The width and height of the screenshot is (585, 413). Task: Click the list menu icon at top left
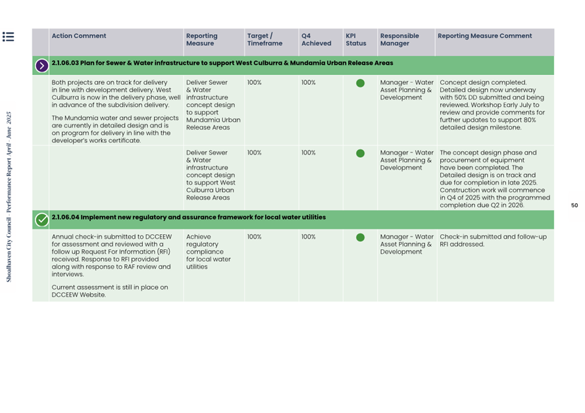coord(8,37)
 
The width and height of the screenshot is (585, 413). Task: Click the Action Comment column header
coord(79,36)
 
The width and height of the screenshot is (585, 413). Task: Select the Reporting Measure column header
coord(201,39)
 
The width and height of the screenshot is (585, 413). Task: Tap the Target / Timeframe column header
coord(265,39)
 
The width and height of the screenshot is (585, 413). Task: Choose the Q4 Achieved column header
coord(316,39)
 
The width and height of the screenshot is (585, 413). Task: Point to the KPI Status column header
coord(355,39)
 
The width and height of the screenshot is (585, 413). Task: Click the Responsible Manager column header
coord(399,39)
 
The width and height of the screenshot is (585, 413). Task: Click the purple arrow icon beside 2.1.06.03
coord(41,65)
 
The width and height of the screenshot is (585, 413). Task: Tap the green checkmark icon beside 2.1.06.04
coord(41,220)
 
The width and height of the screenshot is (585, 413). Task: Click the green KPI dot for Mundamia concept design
coord(360,84)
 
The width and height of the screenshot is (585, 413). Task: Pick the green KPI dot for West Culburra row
coord(360,153)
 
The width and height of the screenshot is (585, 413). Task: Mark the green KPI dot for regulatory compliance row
coord(360,237)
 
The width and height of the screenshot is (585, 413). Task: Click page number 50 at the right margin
coord(574,206)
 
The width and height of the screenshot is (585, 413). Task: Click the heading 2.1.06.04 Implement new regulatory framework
coord(188,217)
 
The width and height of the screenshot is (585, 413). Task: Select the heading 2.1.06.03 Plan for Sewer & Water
coord(222,63)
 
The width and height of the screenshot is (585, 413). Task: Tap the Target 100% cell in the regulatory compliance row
coord(255,237)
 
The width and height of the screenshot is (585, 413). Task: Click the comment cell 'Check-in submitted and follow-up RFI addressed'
coord(493,241)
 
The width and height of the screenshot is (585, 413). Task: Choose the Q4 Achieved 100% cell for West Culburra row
coord(309,153)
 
